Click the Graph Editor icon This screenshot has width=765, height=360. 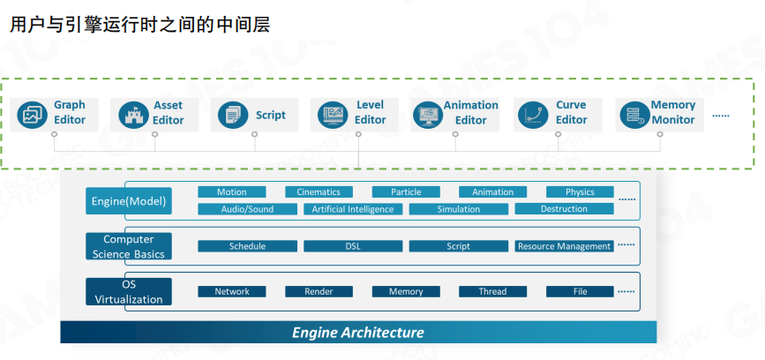[32, 114]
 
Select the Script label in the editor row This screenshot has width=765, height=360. [271, 115]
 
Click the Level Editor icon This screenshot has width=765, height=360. [333, 114]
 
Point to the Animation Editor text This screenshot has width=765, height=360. [470, 113]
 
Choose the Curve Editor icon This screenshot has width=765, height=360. [532, 114]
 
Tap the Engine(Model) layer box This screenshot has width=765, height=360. [129, 201]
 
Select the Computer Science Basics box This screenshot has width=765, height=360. [129, 246]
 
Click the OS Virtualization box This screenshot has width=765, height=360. [129, 292]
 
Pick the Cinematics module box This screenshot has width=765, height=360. [319, 191]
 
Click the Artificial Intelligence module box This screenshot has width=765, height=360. [353, 209]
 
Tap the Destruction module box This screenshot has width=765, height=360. [564, 209]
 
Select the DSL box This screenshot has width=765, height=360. [352, 246]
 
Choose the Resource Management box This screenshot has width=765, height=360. [564, 246]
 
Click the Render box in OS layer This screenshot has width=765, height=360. [319, 291]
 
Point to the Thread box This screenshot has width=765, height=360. [492, 291]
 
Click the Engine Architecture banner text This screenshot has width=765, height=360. [358, 333]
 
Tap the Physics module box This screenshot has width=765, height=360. [580, 191]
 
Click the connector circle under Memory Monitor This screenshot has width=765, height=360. [656, 135]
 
